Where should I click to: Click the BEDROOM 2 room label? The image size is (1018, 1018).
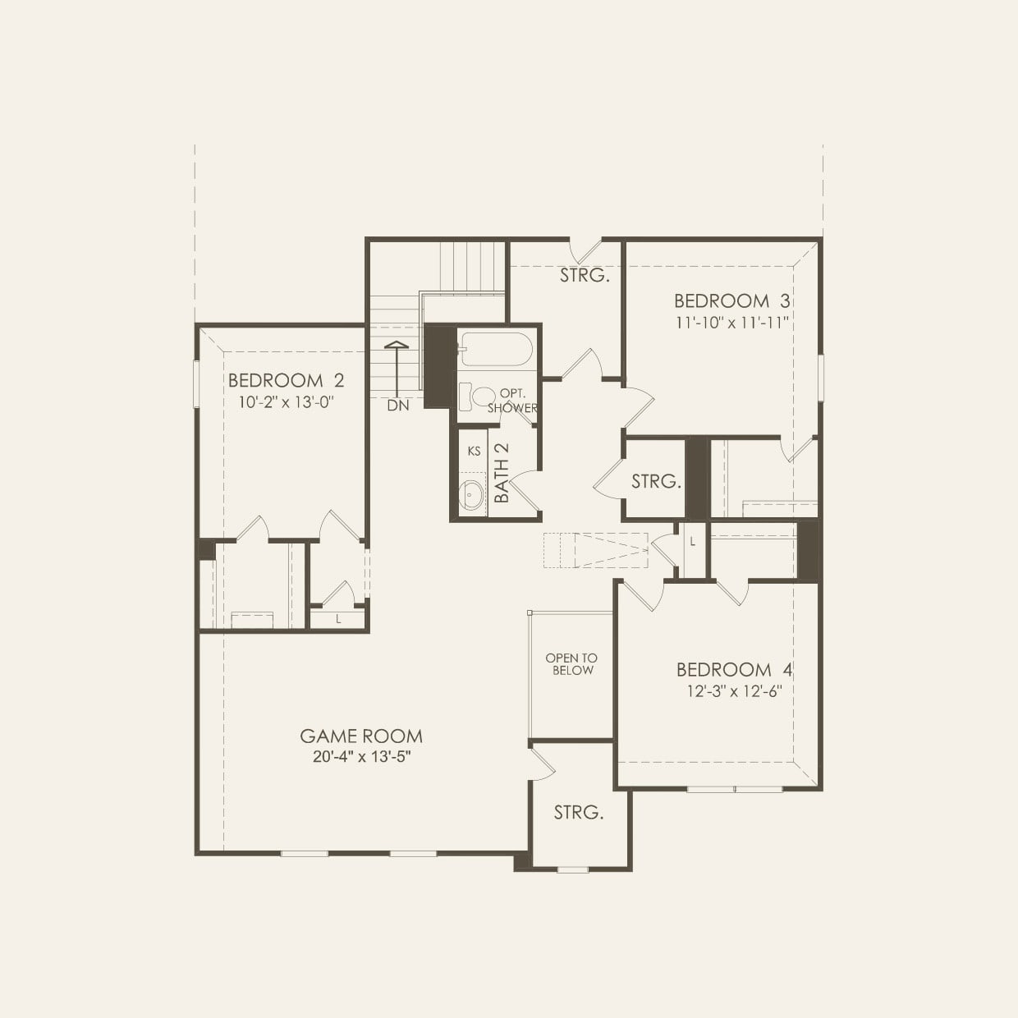pos(286,381)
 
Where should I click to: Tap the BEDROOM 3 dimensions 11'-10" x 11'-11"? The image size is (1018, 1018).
pos(731,323)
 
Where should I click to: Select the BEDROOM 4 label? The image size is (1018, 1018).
pos(734,670)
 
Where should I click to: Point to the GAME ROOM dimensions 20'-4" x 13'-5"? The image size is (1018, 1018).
pos(361,757)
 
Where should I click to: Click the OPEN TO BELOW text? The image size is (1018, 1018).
pos(571,664)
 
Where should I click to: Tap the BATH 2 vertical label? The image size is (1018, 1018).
pos(502,473)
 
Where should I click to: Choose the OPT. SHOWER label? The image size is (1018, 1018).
pos(512,401)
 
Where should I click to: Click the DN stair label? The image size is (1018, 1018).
pos(397,406)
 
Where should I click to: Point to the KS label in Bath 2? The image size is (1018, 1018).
pos(474,451)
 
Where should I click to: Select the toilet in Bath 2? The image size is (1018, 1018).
pos(476,397)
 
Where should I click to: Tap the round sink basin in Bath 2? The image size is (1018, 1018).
pos(471,496)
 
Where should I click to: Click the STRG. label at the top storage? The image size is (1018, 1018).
pos(585,276)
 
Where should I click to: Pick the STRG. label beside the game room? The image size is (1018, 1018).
pos(578,813)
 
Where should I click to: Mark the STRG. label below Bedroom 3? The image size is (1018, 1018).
pos(656,482)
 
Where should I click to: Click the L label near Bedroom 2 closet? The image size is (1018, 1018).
pos(338,619)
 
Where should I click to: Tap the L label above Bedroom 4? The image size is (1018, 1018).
pos(693,542)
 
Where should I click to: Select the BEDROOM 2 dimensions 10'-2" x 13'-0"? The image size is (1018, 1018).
pos(286,402)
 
